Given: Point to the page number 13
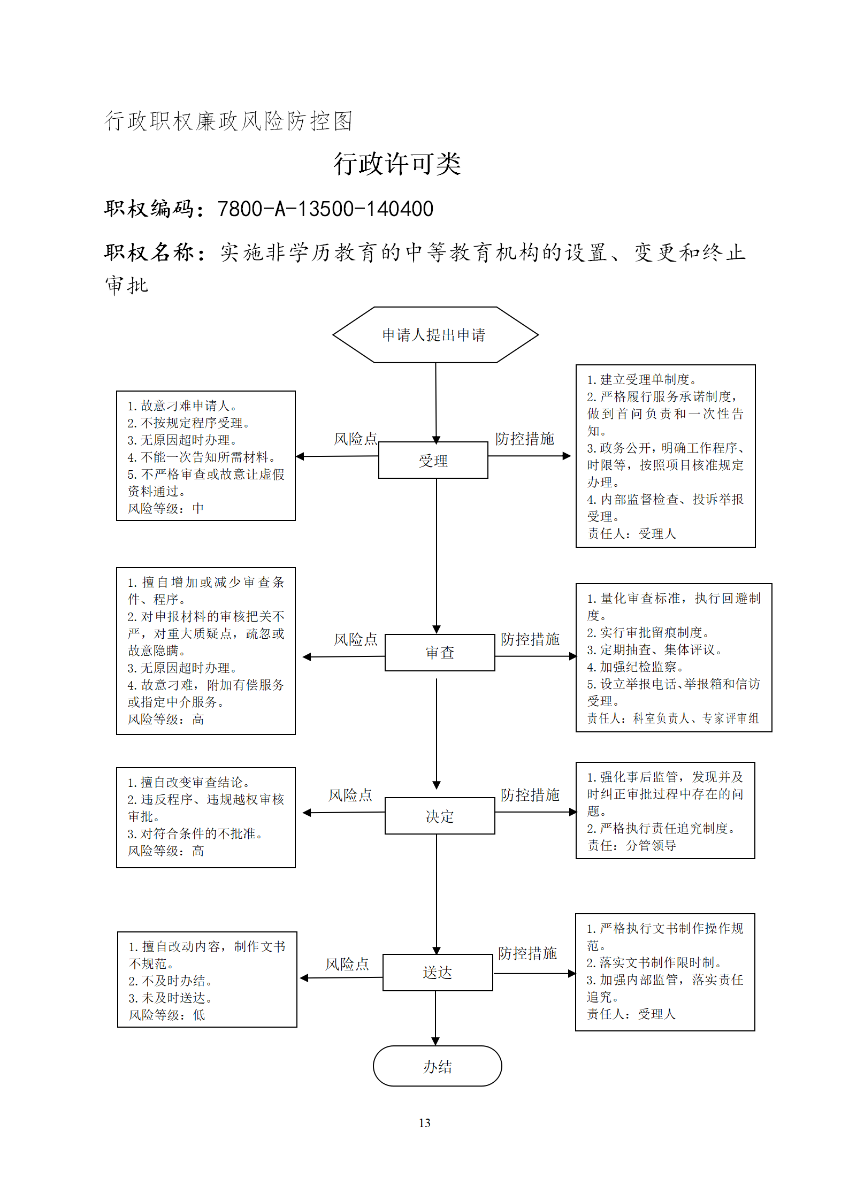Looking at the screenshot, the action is tap(425, 1123).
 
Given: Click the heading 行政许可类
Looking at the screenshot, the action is tap(397, 163).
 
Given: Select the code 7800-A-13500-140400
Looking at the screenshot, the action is tap(325, 209).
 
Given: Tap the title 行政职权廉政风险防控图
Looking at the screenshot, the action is tap(228, 121).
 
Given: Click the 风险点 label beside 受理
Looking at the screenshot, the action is tap(356, 439).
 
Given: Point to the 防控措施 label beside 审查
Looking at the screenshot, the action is tap(530, 639).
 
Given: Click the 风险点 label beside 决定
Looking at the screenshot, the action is tap(350, 795).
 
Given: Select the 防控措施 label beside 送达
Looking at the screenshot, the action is tap(527, 953).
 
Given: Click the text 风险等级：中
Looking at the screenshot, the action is tap(166, 508).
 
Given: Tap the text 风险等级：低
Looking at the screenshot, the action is tap(167, 1015).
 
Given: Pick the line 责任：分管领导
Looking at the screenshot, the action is tap(632, 845).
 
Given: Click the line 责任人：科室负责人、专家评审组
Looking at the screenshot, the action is tap(673, 718).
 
